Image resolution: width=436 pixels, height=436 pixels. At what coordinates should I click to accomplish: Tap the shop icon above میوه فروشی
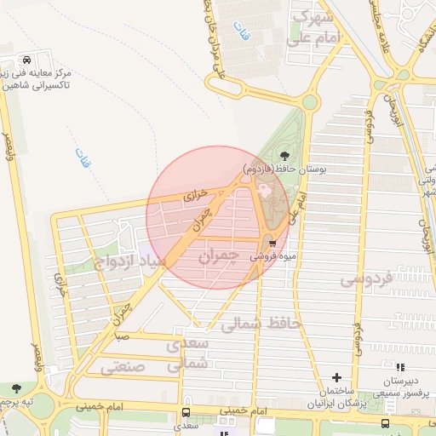coord(272,242)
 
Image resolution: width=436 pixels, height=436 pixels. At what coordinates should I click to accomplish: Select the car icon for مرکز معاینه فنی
coord(27,60)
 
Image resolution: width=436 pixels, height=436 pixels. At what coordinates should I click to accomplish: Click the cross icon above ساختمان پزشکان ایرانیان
coord(337,376)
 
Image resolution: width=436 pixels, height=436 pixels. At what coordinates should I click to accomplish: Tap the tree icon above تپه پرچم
coord(16,388)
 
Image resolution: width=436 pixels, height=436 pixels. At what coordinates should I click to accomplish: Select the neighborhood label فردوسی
coord(366,278)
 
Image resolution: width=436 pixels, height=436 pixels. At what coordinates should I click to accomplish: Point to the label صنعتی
coord(123,367)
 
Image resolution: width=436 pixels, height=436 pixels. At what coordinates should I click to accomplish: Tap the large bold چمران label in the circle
coord(213,255)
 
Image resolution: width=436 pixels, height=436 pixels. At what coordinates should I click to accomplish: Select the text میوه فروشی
coord(272,255)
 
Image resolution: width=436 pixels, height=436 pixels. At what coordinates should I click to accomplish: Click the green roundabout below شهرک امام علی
coord(308,103)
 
